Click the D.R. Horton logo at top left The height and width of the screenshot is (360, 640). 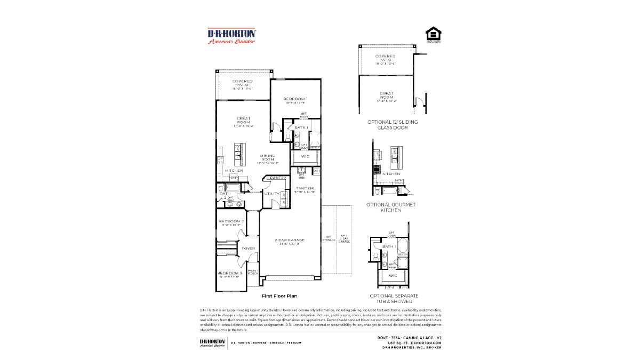tap(231, 36)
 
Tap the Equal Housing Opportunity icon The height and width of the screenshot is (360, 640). tap(433, 35)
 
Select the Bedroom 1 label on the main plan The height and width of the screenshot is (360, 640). tap(295, 100)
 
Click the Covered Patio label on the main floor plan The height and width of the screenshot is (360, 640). tap(242, 84)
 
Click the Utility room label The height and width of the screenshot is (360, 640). tap(271, 194)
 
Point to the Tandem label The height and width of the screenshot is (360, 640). tap(305, 189)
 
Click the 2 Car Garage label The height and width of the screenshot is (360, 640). tap(290, 241)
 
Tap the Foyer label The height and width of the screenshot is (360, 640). tap(248, 249)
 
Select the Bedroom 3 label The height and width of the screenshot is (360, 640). tap(231, 274)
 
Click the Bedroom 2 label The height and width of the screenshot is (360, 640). tap(231, 222)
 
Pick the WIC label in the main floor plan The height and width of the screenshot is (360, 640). tap(305, 156)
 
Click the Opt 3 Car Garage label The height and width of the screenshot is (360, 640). tap(344, 239)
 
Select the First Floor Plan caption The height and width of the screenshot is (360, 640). tap(279, 295)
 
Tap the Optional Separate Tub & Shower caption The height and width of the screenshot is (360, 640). tap(394, 298)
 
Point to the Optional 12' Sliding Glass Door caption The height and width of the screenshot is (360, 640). tap(393, 124)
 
